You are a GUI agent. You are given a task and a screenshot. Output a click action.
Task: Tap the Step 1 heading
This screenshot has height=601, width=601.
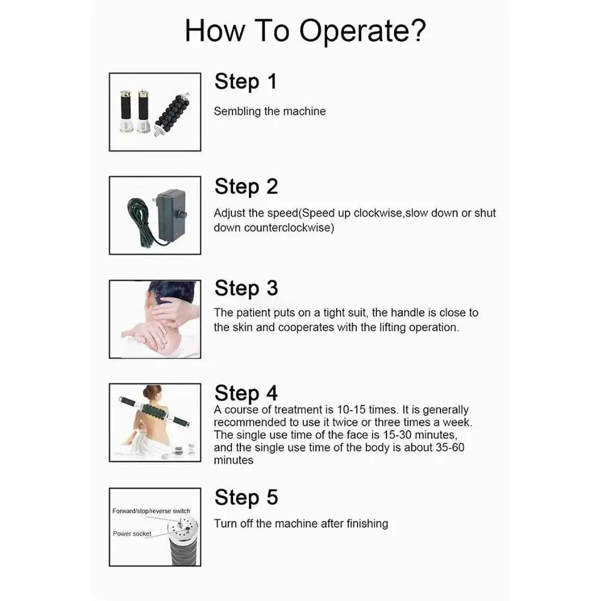point(245,82)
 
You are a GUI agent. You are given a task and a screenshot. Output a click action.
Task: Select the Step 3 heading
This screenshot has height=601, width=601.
point(246,288)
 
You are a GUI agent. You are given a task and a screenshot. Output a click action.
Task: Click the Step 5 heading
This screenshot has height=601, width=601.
point(246,498)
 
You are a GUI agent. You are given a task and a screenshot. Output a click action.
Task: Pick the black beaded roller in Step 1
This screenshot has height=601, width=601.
point(172,114)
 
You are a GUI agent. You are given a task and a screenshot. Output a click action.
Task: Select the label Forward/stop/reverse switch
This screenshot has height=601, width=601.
point(151,511)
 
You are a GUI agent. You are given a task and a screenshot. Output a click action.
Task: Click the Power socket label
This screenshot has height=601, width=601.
point(132,534)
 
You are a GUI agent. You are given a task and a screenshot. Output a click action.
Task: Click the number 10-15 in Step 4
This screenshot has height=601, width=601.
point(351,410)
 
